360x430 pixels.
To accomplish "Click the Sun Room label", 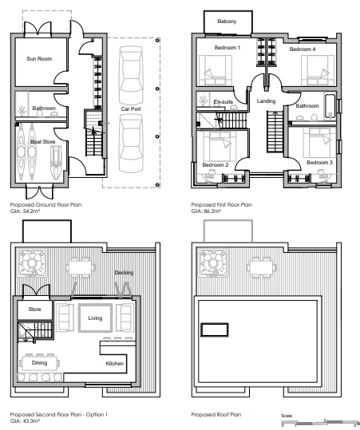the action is pyautogui.click(x=39, y=59).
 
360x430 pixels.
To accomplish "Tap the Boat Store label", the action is pyautogui.click(x=43, y=142).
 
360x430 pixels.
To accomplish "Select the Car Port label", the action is pyautogui.click(x=131, y=108).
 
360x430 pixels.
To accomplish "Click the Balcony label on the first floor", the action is pyautogui.click(x=227, y=22).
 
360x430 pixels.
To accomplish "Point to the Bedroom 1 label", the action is pyautogui.click(x=227, y=48).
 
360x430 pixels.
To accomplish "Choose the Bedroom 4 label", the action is pyautogui.click(x=303, y=49).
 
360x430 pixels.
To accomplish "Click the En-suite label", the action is pyautogui.click(x=224, y=102).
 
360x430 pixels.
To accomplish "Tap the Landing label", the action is pyautogui.click(x=266, y=101).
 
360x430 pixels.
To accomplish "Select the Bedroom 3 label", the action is pyautogui.click(x=319, y=163).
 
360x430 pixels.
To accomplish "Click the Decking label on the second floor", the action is pyautogui.click(x=124, y=273).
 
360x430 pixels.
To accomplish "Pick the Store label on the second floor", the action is pyautogui.click(x=34, y=310).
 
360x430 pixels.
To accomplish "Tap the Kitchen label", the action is pyautogui.click(x=115, y=364).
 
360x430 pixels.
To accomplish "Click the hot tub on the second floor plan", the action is pyautogui.click(x=32, y=262).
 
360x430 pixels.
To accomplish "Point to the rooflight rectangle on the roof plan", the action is pyautogui.click(x=215, y=330).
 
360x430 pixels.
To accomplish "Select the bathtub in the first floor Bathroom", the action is pyautogui.click(x=330, y=107).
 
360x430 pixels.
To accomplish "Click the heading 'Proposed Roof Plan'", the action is pyautogui.click(x=216, y=415).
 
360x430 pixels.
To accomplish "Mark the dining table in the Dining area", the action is pyautogui.click(x=40, y=363).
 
